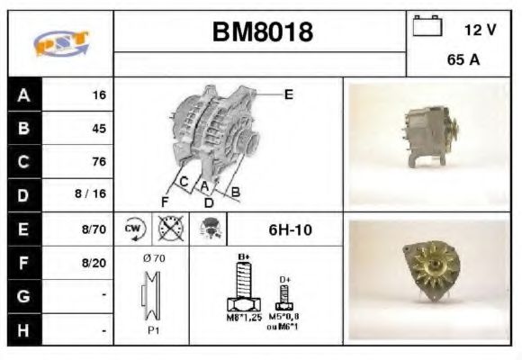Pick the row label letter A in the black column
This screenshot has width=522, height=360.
pos(22,94)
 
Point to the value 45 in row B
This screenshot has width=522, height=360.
pos(98,128)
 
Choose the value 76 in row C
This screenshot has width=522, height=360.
pos(98,162)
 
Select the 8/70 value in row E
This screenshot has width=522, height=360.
pos(94,229)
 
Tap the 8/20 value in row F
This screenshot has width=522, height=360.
pos(94,264)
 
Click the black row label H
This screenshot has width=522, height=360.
pos(22,330)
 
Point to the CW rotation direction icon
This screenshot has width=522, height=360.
pos(134,229)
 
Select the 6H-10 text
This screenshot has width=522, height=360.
pos(290,229)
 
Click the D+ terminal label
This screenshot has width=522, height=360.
pos(284,280)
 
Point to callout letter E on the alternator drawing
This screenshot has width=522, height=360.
pos(288,94)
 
